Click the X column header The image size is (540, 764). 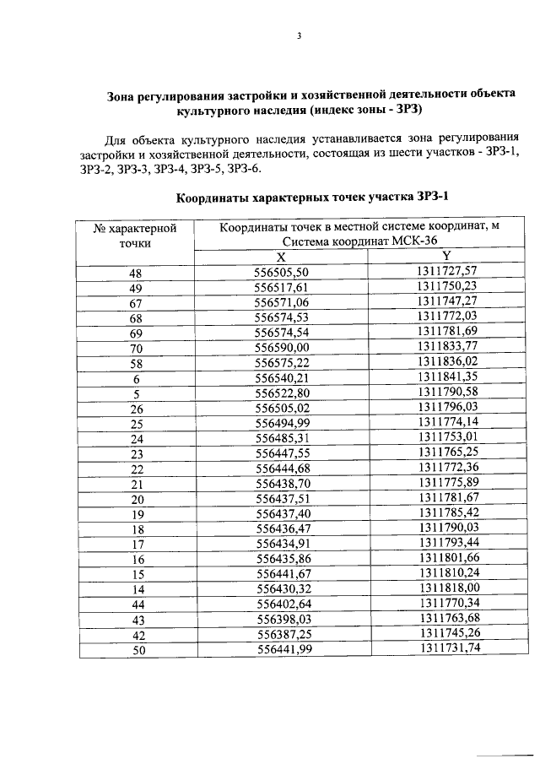tap(282, 257)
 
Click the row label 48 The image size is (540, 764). tap(136, 272)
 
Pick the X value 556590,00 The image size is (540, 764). tap(283, 347)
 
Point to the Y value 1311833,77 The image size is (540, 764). tap(447, 346)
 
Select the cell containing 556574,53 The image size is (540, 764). tap(283, 317)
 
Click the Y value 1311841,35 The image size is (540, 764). tap(447, 377)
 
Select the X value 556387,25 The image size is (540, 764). tap(283, 634)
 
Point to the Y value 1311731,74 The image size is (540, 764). tap(447, 648)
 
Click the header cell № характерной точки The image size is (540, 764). tap(135, 235)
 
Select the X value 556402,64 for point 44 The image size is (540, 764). tap(283, 604)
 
